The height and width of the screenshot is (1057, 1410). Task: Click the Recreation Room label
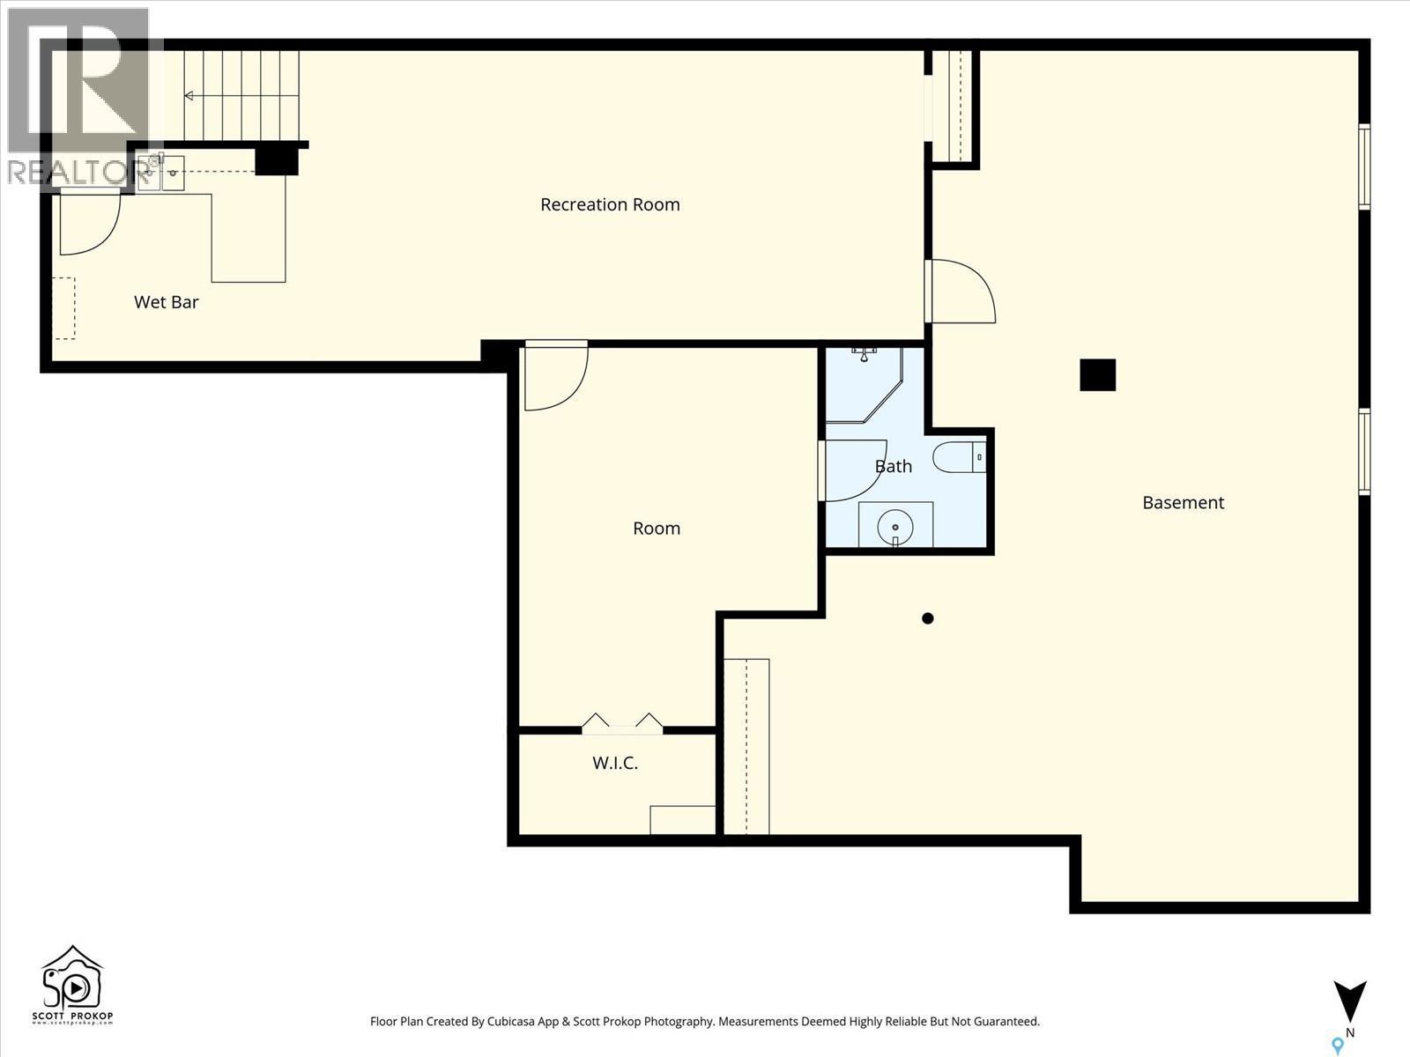(x=610, y=204)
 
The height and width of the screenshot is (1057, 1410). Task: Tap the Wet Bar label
(x=166, y=302)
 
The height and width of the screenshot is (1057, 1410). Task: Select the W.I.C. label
(x=615, y=763)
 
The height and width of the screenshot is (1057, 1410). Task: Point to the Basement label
(x=1183, y=503)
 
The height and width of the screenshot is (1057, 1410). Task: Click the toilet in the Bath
(x=956, y=457)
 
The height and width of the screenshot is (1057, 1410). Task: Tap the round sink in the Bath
(x=895, y=526)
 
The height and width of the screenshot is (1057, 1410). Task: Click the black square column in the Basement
(x=1098, y=374)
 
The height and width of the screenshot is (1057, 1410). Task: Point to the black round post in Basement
(x=927, y=618)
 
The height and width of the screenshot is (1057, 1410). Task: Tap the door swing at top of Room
(x=553, y=377)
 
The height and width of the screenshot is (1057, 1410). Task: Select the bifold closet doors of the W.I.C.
(x=622, y=724)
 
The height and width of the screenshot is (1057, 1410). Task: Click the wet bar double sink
(x=160, y=174)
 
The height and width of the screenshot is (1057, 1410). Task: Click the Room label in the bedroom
(x=657, y=528)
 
